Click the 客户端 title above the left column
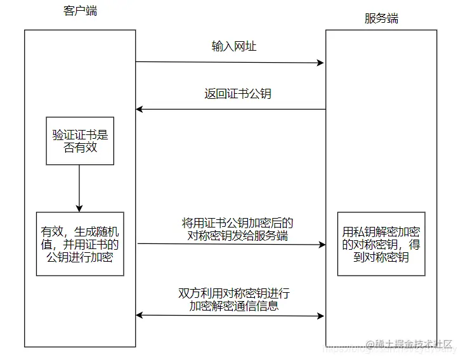coord(81,11)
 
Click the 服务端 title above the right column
coord(381,18)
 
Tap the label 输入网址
coord(233,47)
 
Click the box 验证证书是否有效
coord(79,141)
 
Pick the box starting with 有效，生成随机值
coord(79,243)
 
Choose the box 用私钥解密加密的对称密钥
coord(381,243)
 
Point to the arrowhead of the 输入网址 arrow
coord(321,63)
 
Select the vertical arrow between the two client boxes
coord(79,188)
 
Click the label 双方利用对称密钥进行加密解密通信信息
coord(234,299)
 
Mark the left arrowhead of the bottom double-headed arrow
coord(140,315)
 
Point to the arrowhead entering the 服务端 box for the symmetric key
coord(321,244)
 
